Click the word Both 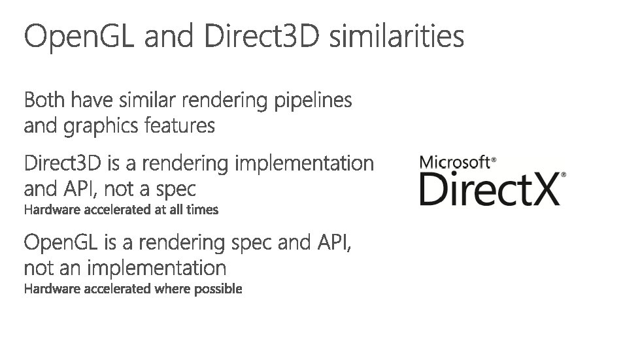point(46,101)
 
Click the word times point(205,210)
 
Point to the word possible point(222,288)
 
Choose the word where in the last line point(173,288)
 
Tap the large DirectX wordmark point(490,188)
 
